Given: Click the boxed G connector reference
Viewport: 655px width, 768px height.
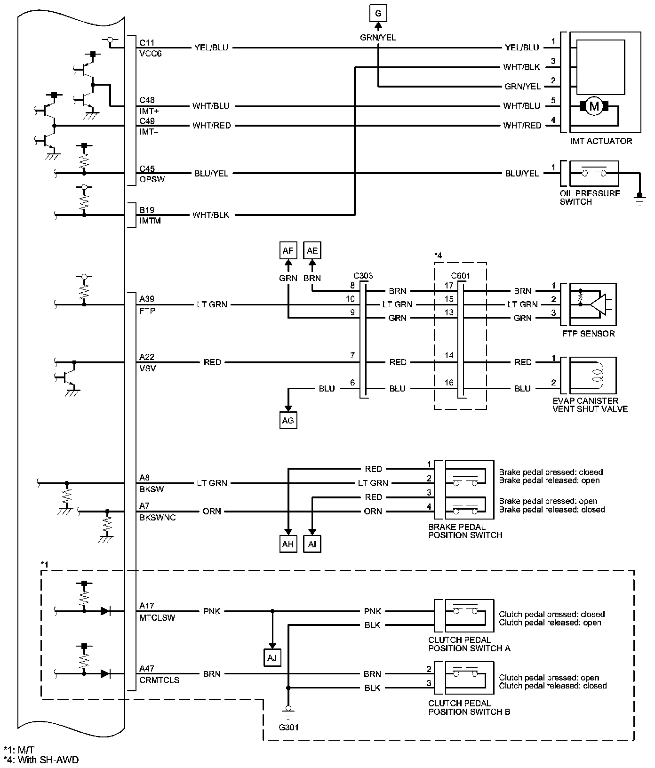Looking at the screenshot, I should (378, 14).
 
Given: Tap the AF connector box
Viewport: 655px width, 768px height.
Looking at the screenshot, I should (288, 250).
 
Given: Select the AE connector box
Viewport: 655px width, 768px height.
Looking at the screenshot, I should (312, 250).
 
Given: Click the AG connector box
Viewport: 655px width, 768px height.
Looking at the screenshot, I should (288, 420).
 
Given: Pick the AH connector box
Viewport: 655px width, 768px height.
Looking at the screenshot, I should (288, 544).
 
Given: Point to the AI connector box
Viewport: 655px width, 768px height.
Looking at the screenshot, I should (312, 544).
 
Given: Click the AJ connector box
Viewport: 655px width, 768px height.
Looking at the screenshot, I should (272, 658).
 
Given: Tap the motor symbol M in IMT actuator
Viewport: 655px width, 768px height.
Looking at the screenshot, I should (594, 106).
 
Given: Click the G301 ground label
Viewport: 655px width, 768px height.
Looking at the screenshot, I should (288, 727).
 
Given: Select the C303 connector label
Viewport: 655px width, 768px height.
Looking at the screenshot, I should (363, 275).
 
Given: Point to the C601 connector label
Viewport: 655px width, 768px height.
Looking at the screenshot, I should (460, 276).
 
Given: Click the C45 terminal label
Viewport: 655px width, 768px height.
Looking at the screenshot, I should (147, 168).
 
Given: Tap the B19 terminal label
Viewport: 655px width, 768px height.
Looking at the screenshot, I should (147, 210).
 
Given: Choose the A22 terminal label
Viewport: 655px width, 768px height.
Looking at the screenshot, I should (147, 357).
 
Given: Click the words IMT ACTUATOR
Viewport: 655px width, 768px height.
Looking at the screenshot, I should (601, 141).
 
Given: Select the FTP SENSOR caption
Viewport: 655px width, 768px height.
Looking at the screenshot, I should (588, 334).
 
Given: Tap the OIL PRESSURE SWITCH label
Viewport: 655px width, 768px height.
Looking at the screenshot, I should (590, 198).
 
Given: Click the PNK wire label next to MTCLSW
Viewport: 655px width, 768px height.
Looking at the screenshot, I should (212, 611).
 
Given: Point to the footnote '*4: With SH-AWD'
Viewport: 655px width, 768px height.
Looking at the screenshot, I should (41, 760).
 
